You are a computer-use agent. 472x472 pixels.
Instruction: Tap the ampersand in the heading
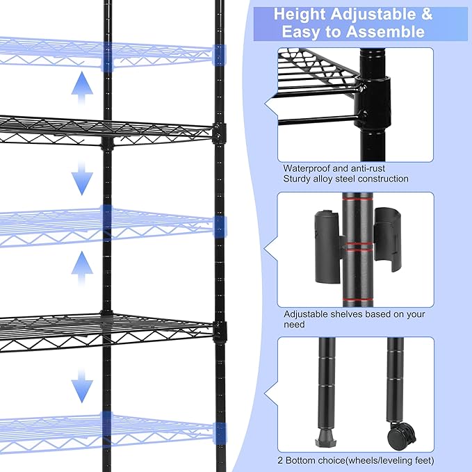425,14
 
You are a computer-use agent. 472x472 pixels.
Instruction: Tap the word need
295,325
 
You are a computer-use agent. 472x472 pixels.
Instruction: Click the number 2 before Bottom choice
286,460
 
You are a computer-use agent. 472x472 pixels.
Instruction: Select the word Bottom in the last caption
307,460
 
